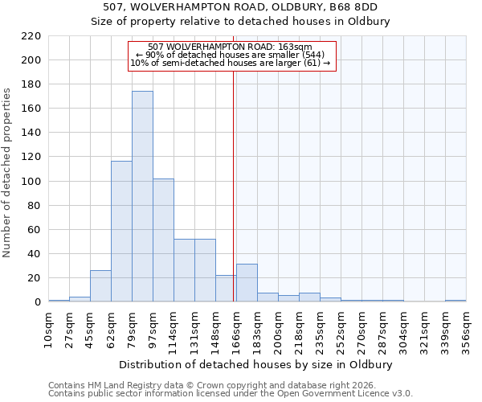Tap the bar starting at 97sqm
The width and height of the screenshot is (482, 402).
[x=163, y=240]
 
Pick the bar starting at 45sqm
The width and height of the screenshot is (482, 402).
[x=100, y=286]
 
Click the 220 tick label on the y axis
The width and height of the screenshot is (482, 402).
[x=31, y=36]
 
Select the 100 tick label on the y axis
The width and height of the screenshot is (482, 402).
[x=31, y=182]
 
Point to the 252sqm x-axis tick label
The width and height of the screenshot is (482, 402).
[x=341, y=330]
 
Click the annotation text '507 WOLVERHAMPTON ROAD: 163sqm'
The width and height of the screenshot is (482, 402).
[x=231, y=47]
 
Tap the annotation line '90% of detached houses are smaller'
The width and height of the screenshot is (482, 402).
[x=231, y=55]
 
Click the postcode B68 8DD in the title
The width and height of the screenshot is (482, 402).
[x=354, y=7]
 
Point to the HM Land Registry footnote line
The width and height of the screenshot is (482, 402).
[x=213, y=385]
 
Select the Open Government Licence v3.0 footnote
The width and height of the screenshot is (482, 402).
[x=231, y=394]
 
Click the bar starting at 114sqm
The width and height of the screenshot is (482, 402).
[x=184, y=270]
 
